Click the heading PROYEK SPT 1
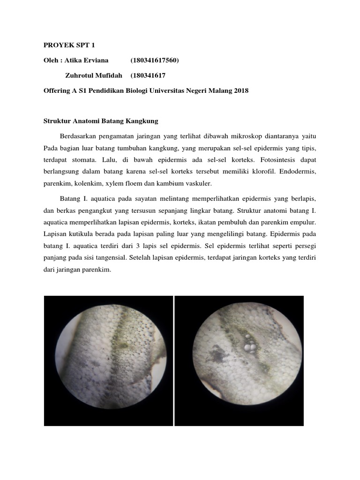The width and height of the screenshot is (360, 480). [63, 45]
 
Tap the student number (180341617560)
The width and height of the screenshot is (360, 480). [155, 60]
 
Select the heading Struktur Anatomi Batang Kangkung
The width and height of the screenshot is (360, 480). [101, 121]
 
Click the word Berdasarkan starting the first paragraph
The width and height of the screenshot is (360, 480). [79, 136]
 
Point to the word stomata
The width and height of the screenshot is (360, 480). [82, 160]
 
